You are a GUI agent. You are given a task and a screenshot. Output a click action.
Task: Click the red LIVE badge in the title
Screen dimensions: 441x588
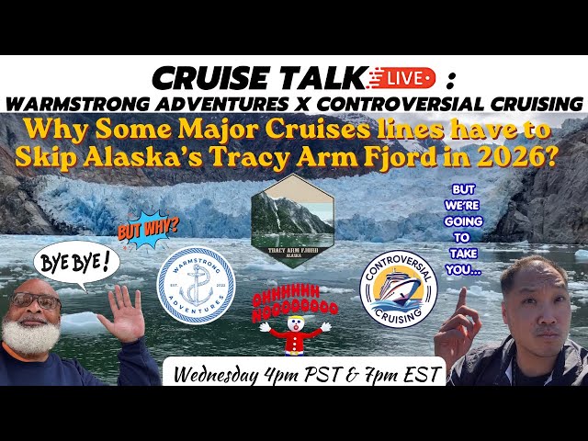pyautogui.click(x=409, y=76)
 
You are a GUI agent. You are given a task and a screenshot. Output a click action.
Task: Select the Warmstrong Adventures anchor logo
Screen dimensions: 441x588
pyautogui.click(x=197, y=286)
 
